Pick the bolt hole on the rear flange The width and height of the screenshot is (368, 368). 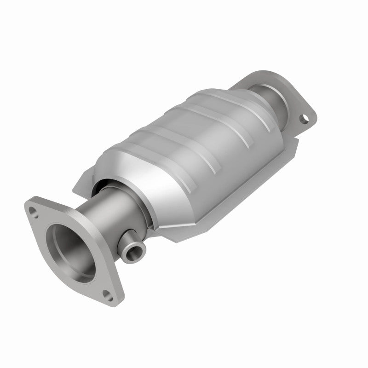[304, 119]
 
